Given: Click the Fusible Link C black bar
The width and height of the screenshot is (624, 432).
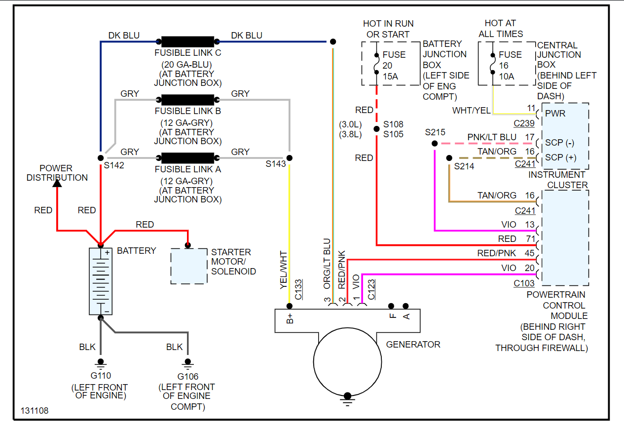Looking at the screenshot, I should tap(188, 41).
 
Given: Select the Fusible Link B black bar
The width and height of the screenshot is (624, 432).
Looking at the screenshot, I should tap(188, 100).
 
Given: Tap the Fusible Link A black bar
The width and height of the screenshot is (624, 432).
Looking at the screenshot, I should tap(188, 158).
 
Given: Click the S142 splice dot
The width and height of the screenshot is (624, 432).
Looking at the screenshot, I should tap(101, 158).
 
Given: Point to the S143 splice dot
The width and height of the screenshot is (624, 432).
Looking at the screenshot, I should tap(290, 158).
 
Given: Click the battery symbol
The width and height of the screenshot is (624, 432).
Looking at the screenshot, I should tap(101, 281).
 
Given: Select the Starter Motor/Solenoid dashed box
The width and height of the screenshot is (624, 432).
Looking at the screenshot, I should tap(189, 266).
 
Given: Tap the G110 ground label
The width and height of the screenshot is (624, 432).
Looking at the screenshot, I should tap(101, 376).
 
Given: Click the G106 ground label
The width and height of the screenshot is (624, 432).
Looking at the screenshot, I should tap(187, 377).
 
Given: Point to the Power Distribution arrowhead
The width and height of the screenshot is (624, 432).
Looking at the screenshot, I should tap(57, 183).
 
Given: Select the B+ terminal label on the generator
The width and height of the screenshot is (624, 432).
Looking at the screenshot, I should tap(290, 318).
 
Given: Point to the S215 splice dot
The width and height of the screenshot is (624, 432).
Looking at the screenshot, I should tap(434, 144).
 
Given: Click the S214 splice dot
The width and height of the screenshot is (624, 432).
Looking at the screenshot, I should tap(449, 158).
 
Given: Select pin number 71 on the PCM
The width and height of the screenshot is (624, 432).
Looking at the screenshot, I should tap(530, 239).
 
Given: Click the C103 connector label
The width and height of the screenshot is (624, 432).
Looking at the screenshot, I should tap(524, 283).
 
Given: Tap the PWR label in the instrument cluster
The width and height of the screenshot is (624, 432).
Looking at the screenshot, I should tap(555, 114).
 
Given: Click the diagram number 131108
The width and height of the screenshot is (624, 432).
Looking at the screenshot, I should tap(35, 411).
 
